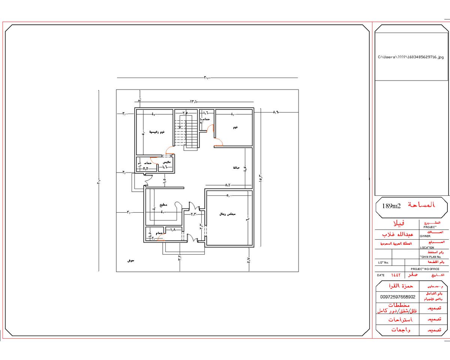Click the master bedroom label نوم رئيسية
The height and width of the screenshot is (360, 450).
pyautogui.click(x=157, y=132)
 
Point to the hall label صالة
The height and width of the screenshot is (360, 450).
pyautogui.click(x=236, y=168)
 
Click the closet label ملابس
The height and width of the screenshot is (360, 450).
pyautogui.click(x=166, y=162)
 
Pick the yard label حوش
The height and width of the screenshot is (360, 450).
pyautogui.click(x=131, y=260)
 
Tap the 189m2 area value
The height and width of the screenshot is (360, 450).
pyautogui.click(x=391, y=206)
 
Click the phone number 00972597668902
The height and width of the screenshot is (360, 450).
pyautogui.click(x=397, y=297)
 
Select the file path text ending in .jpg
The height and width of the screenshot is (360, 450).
pyautogui.click(x=411, y=57)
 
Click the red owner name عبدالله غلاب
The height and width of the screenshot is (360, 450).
pyautogui.click(x=397, y=234)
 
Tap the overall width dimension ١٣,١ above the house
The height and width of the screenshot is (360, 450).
pyautogui.click(x=194, y=102)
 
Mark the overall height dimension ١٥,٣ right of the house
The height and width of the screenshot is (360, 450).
pyautogui.click(x=260, y=176)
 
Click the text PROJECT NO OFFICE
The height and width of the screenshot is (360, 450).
pyautogui.click(x=425, y=269)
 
